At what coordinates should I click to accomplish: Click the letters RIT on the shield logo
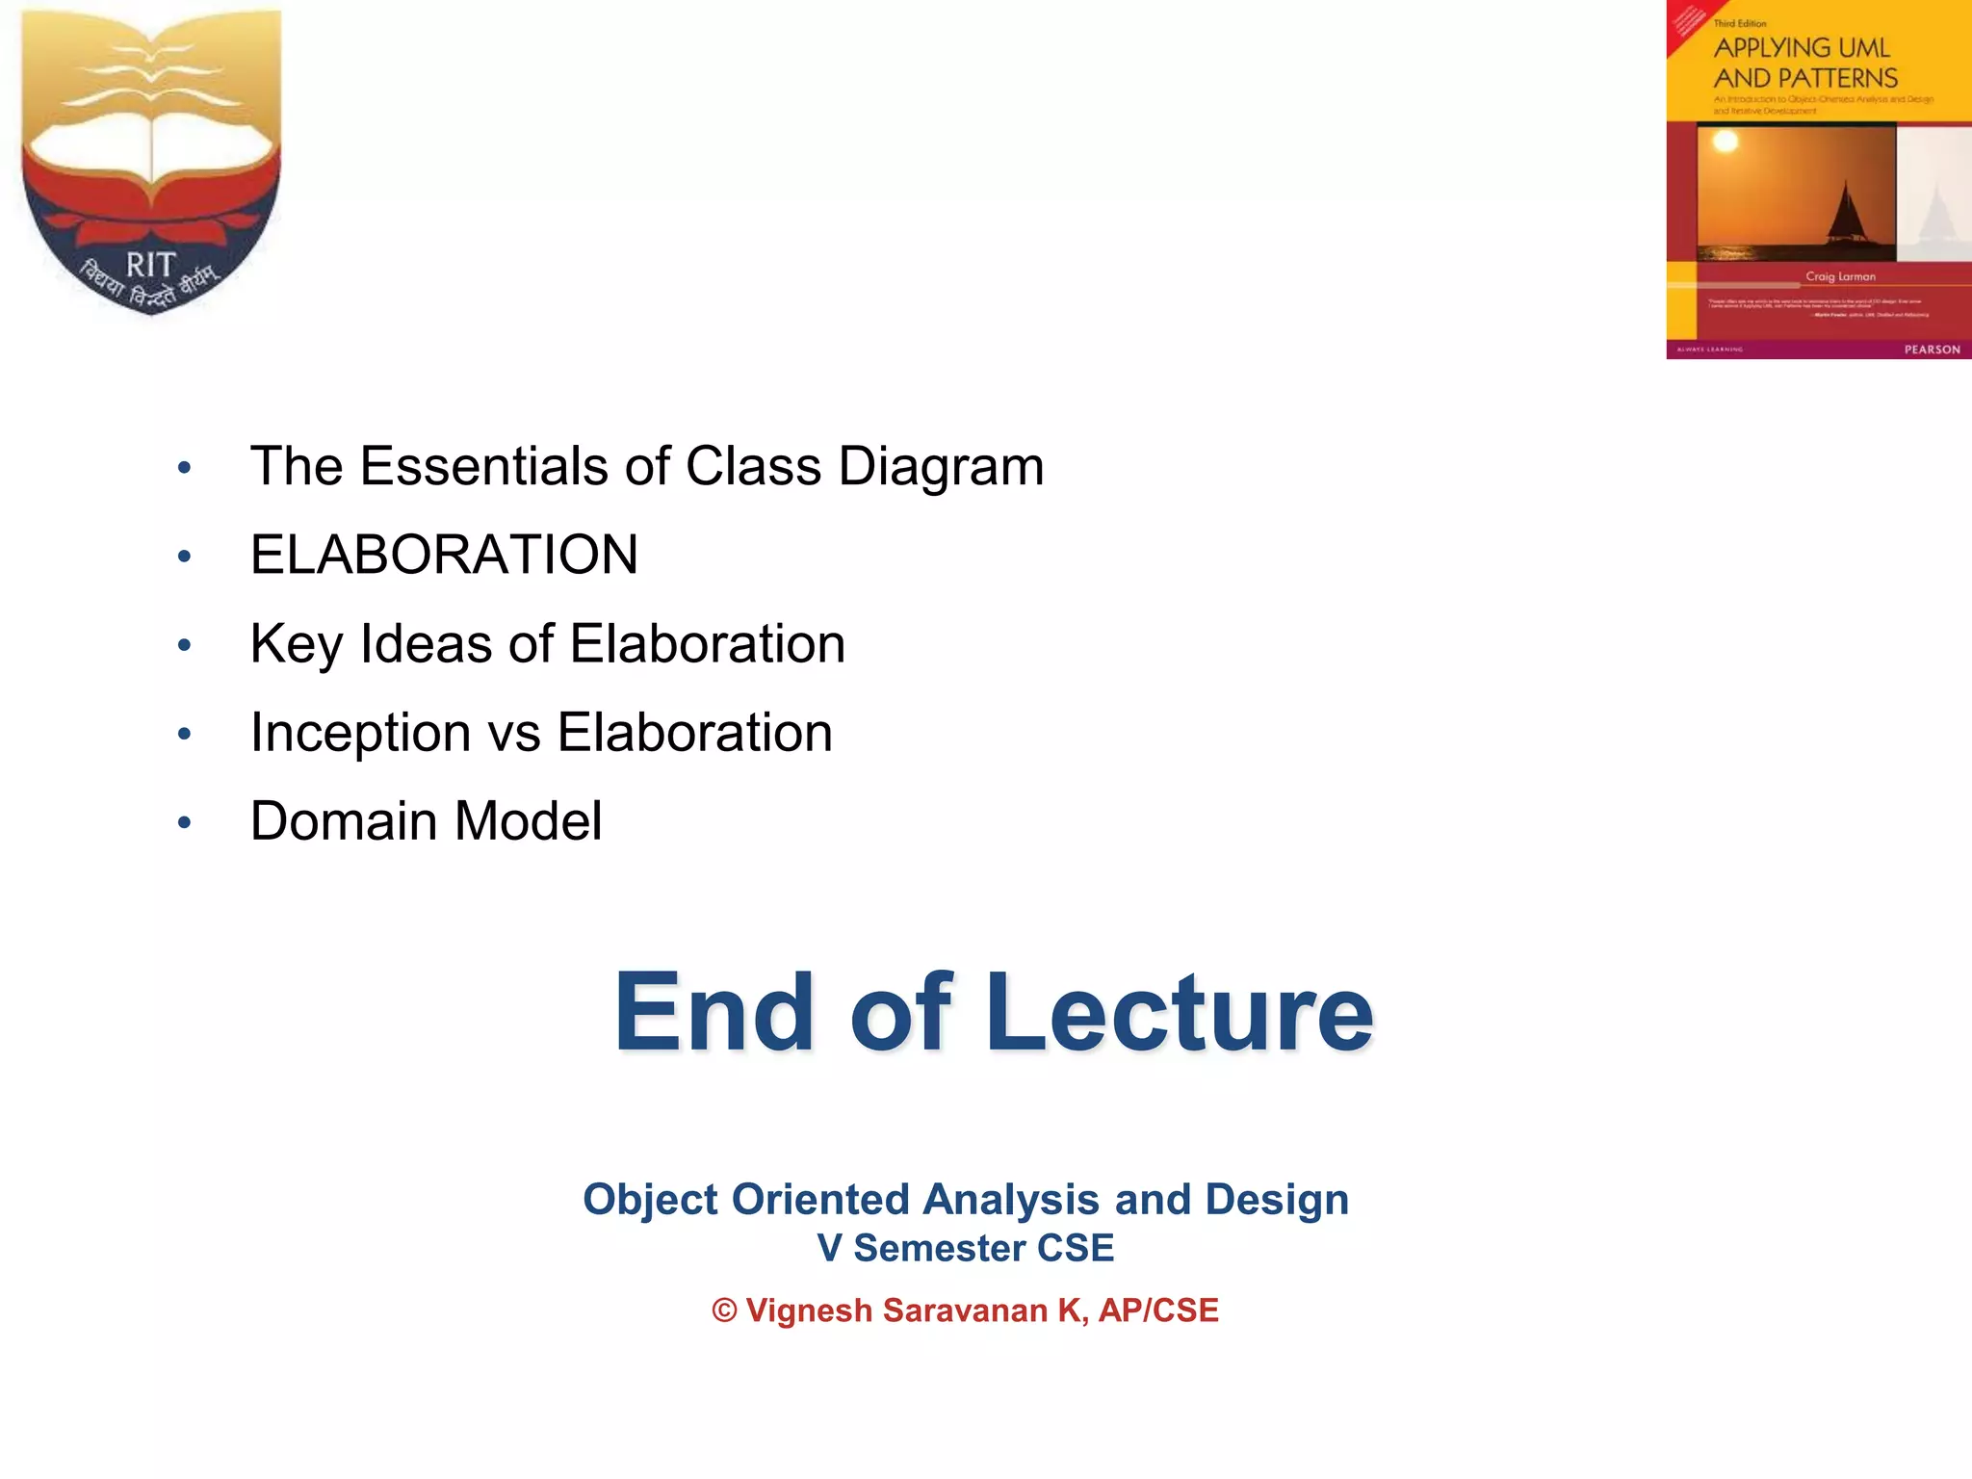click(151, 265)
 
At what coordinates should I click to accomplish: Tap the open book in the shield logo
click(151, 154)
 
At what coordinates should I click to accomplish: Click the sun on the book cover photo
click(1725, 143)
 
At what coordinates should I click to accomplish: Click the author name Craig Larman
click(1840, 276)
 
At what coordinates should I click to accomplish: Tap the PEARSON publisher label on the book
click(1932, 350)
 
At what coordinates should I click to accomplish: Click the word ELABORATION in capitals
click(444, 555)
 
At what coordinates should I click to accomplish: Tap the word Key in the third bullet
click(296, 645)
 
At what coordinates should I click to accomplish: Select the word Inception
click(360, 733)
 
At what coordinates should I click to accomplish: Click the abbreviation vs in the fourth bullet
click(514, 733)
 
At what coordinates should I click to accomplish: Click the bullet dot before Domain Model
click(185, 823)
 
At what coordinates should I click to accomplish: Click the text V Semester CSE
click(965, 1249)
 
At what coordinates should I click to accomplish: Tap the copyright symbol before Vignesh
click(724, 1310)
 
